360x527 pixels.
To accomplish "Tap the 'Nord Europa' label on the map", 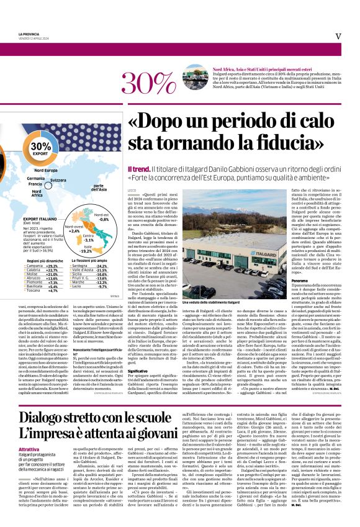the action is [46, 170].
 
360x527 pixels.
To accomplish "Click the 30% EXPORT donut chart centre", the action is [42, 148].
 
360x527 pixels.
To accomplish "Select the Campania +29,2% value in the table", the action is [50, 266].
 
